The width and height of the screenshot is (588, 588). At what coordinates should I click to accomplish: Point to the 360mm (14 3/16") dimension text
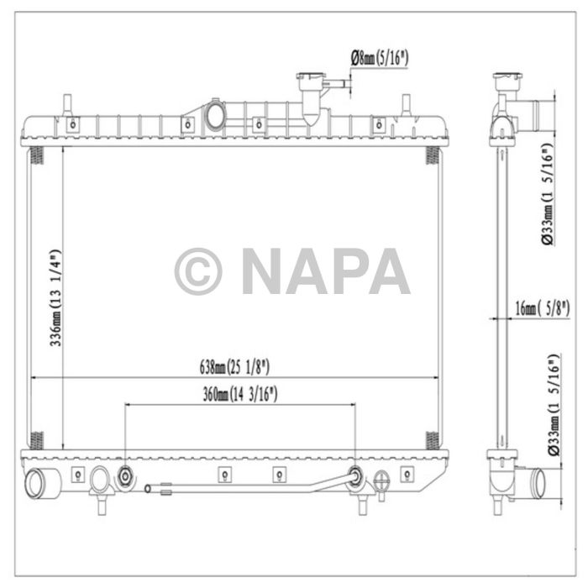pos(240,393)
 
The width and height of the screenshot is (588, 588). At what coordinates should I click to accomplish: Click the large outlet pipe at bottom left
pos(39,484)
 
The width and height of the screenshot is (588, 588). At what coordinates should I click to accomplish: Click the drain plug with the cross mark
pos(382,481)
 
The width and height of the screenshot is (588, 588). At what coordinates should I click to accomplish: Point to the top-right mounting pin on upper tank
pos(406,105)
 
